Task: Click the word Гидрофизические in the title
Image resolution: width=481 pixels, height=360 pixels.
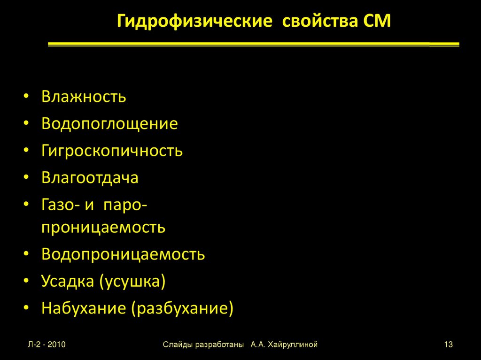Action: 194,22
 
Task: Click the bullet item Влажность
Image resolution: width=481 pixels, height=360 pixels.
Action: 84,97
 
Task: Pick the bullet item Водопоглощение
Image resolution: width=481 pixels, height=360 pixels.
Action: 109,124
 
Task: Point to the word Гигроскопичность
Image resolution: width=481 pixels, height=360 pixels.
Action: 112,151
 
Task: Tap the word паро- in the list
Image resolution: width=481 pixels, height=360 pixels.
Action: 126,205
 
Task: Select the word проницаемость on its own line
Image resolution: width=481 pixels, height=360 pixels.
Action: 103,227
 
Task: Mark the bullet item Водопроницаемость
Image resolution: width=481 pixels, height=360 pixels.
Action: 123,254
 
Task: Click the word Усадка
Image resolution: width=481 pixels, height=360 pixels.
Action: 68,281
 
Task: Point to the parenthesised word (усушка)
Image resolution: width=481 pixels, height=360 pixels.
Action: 132,282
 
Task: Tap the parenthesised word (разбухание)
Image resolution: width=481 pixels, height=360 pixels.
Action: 182,309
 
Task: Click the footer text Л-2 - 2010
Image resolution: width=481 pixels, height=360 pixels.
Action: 46,345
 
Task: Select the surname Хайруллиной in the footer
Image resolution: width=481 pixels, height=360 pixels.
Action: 293,345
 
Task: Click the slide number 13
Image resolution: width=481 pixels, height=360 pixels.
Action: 448,345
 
